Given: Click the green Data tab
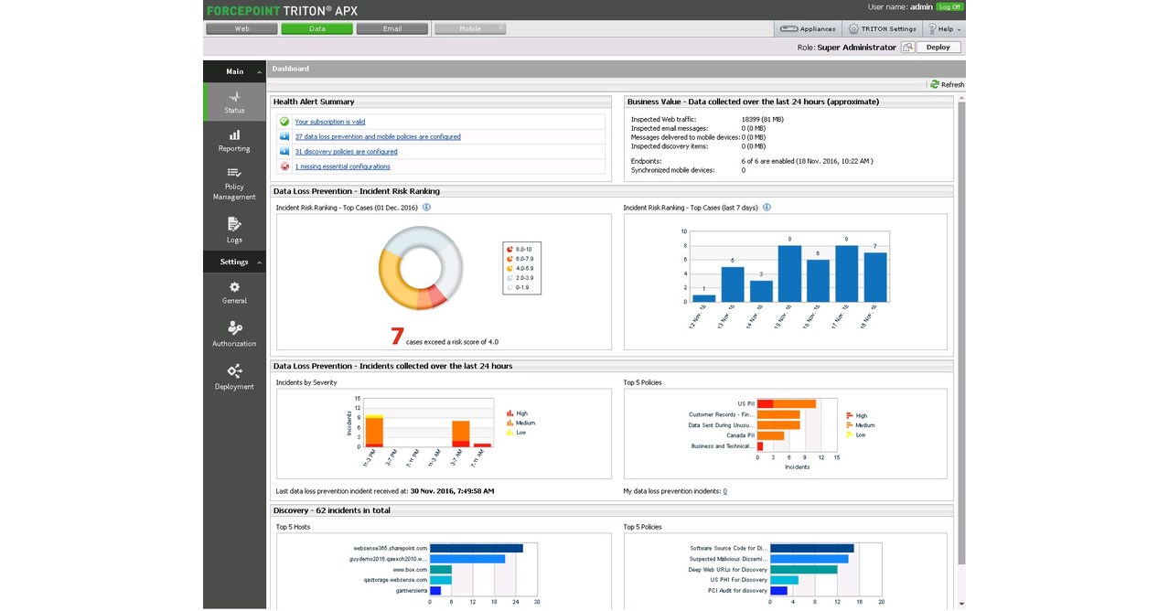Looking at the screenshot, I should [x=316, y=28].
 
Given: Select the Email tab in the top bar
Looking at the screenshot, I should [x=391, y=28].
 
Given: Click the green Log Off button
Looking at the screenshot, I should [x=949, y=6].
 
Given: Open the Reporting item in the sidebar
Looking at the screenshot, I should [x=234, y=140].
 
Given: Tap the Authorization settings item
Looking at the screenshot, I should [x=234, y=334].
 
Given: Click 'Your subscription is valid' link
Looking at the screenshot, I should [x=329, y=122].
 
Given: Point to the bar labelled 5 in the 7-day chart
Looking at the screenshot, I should [x=733, y=284].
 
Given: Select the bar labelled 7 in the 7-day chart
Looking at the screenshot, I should [x=875, y=277].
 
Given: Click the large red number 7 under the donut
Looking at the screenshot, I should [x=397, y=337].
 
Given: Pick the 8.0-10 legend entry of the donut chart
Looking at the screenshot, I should [x=523, y=249].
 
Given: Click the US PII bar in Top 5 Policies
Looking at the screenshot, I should [x=787, y=403].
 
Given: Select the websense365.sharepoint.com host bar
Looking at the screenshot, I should [x=477, y=549].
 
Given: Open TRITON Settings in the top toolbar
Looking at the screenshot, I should [x=882, y=28].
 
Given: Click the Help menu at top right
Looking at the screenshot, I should [x=944, y=28].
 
